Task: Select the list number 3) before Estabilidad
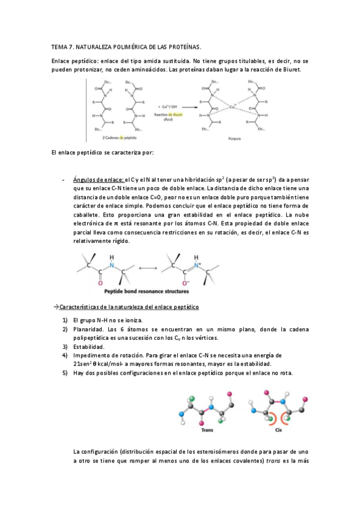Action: point(65,347)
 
